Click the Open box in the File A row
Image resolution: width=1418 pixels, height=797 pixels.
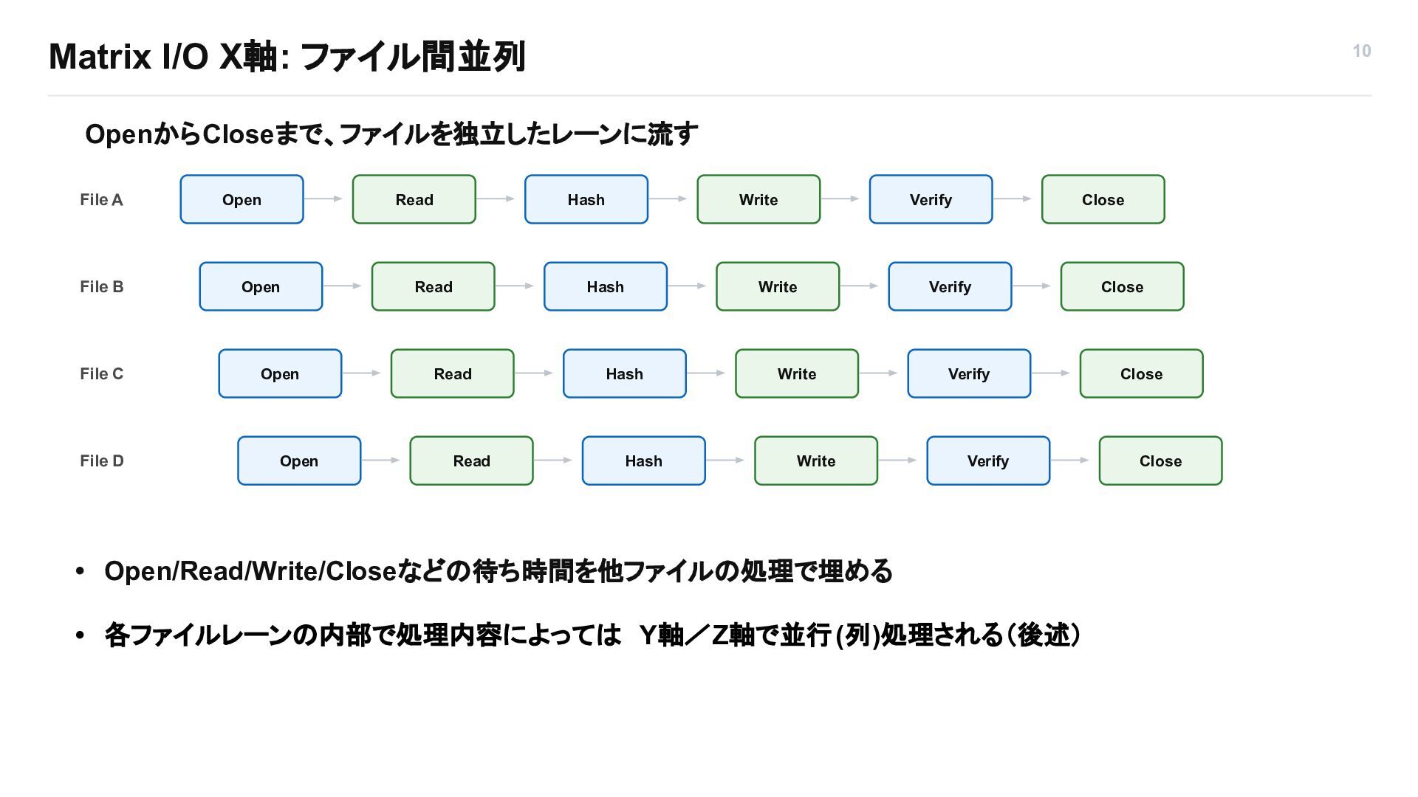(x=242, y=199)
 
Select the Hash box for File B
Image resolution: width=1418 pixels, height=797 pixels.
(x=606, y=286)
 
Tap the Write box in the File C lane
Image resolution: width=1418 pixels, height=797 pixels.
(x=797, y=373)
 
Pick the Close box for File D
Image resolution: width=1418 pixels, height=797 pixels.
(x=1160, y=460)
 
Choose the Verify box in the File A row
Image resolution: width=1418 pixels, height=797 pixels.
(x=931, y=199)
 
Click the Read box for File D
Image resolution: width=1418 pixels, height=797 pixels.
(x=471, y=460)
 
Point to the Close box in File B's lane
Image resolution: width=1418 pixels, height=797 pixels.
(x=1122, y=286)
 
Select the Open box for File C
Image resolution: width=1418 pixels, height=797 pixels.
(x=280, y=373)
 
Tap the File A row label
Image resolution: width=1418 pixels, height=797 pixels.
(x=101, y=199)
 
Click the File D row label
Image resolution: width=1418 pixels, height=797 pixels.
(x=102, y=460)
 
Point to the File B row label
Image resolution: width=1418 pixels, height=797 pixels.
(x=102, y=286)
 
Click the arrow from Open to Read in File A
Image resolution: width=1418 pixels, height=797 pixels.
(x=323, y=199)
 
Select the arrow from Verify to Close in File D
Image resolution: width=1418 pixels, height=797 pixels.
(x=1069, y=460)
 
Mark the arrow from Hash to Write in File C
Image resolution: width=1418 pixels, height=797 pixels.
(x=706, y=373)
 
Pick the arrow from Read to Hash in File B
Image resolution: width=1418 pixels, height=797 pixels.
(x=514, y=286)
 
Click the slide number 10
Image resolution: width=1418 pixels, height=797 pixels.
(x=1362, y=51)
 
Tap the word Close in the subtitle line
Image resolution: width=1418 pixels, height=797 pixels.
(x=238, y=134)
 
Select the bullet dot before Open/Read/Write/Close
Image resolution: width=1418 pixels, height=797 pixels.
(x=81, y=571)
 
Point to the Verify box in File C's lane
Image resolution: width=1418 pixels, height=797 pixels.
(x=969, y=373)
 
